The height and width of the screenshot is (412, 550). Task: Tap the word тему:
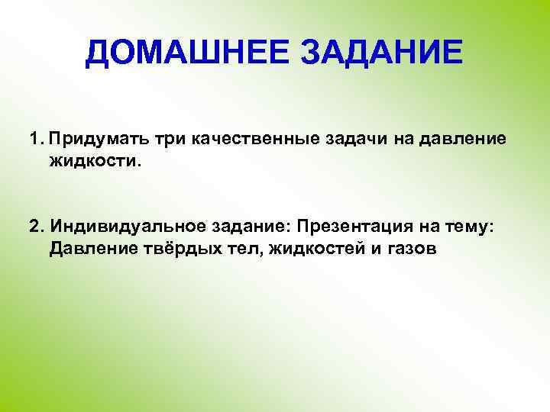478,227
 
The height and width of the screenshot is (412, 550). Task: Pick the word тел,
235,249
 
